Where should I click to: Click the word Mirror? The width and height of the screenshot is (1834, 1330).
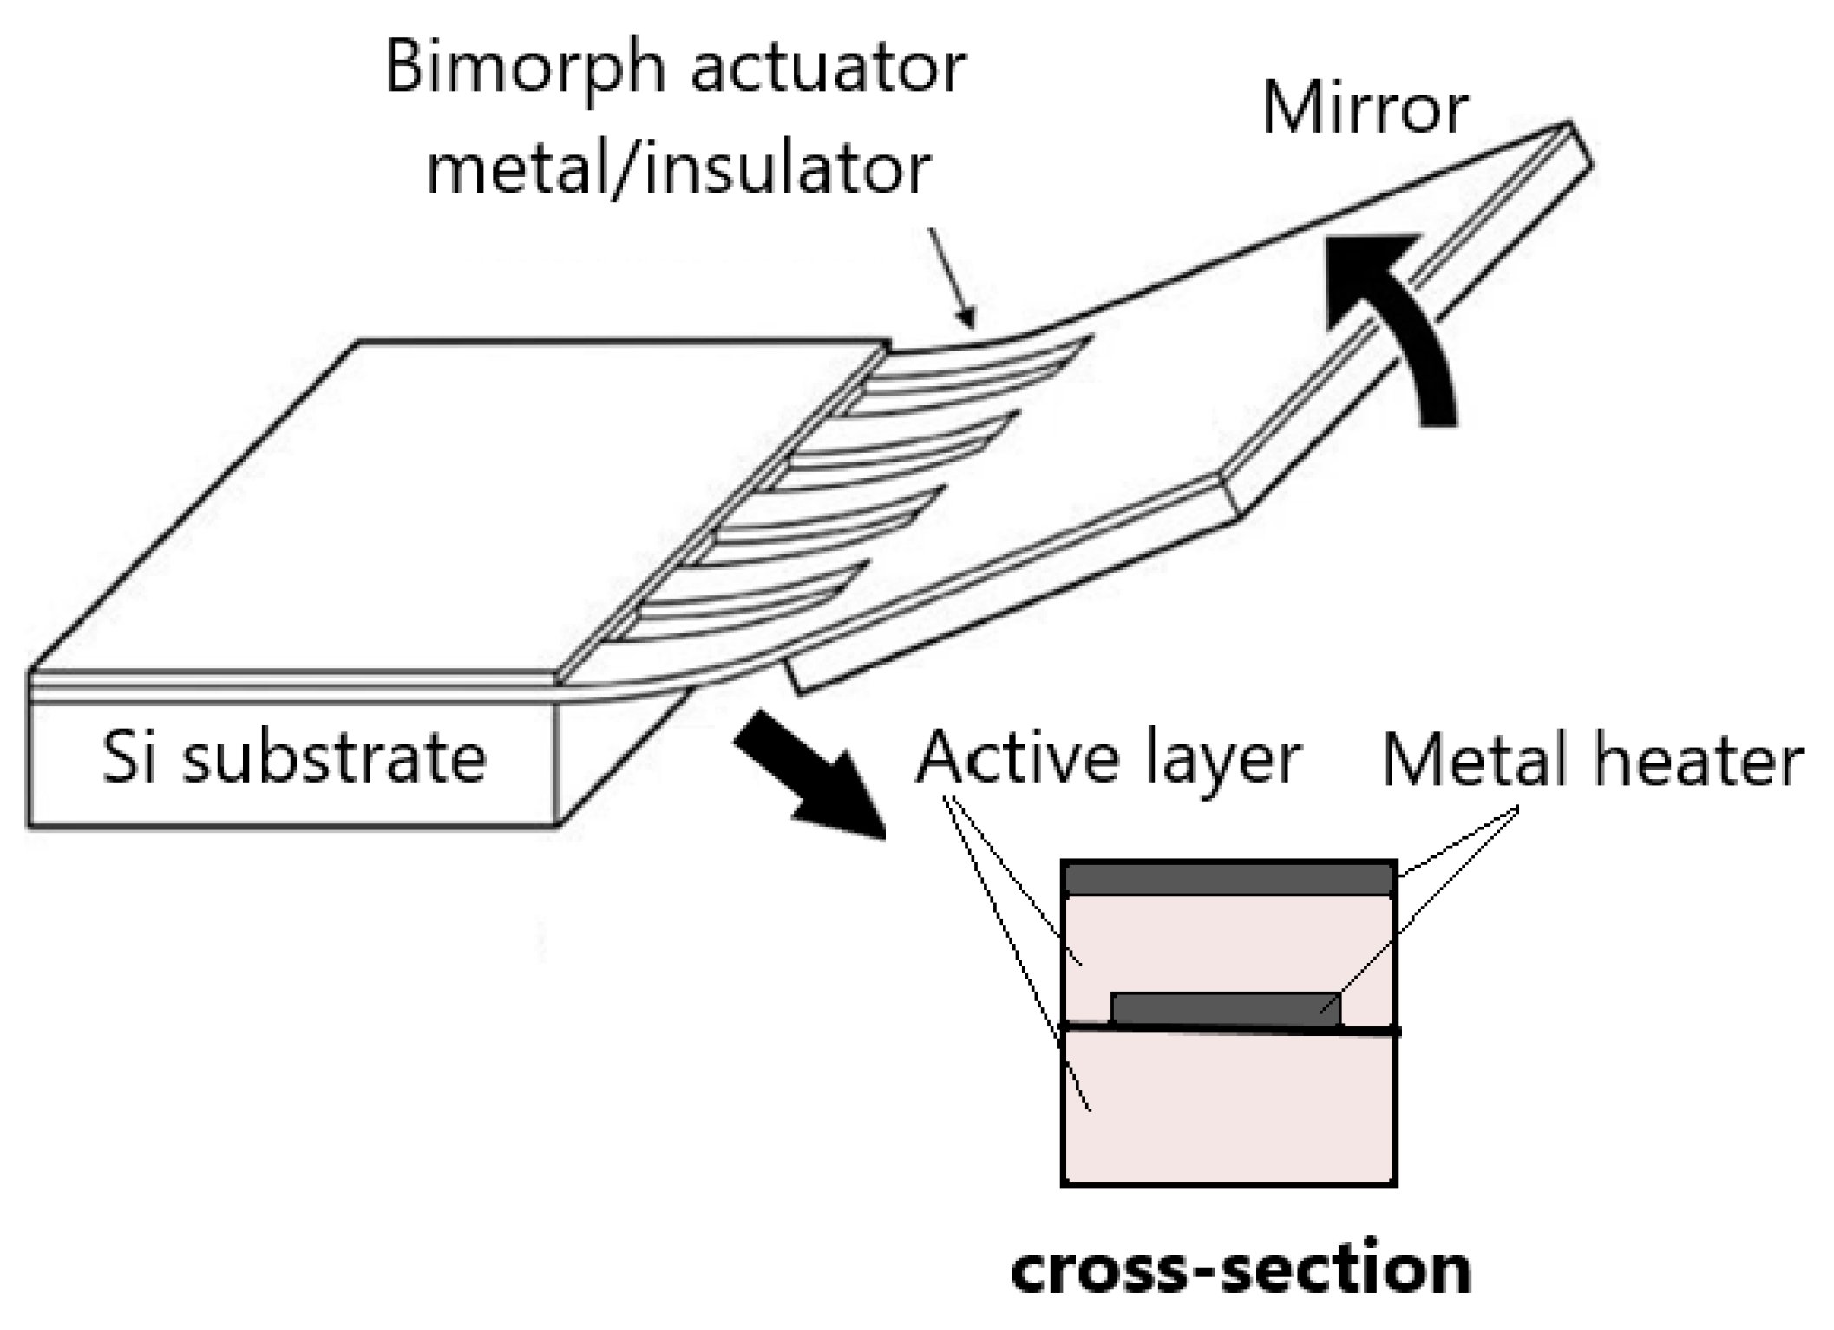[x=1365, y=109]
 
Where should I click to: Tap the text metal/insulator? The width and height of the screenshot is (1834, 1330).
[x=678, y=169]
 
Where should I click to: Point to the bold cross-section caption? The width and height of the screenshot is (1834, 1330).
[x=1241, y=1270]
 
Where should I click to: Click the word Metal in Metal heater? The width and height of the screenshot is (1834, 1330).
[x=1480, y=760]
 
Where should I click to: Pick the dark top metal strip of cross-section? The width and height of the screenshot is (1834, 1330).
[x=1228, y=879]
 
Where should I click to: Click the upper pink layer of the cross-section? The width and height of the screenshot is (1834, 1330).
[x=1228, y=946]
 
